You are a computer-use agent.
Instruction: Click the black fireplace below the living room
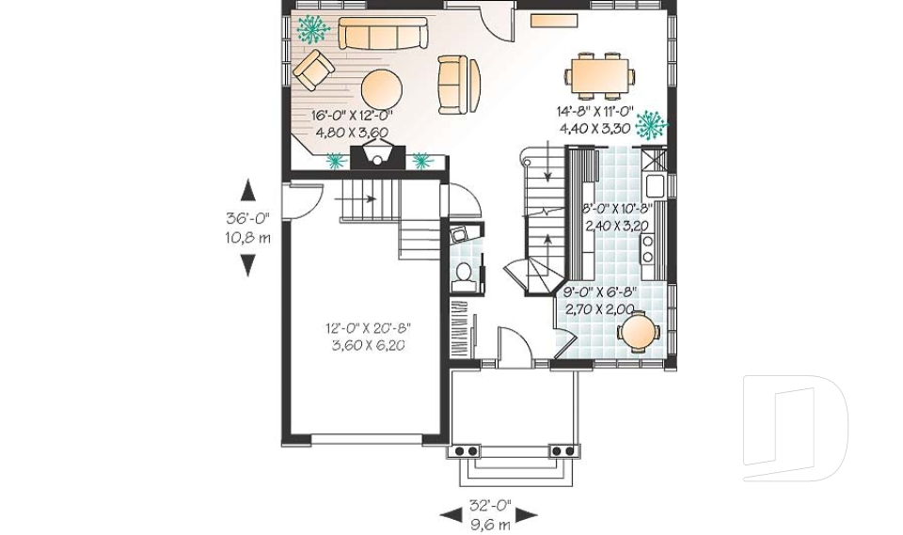click(x=376, y=156)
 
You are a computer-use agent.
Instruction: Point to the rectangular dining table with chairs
click(x=600, y=74)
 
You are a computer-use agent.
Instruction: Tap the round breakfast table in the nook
click(x=639, y=330)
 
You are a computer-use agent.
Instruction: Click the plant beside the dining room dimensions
click(x=650, y=124)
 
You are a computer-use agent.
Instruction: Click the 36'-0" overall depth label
click(x=248, y=218)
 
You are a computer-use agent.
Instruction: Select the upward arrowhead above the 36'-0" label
click(x=248, y=191)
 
